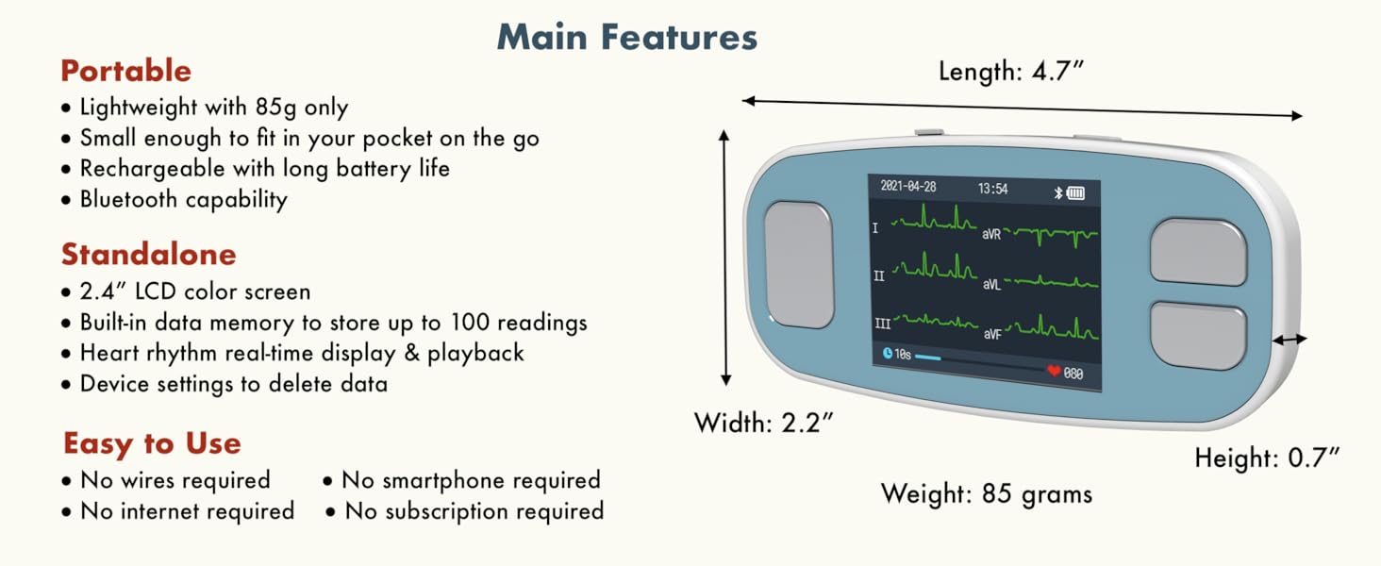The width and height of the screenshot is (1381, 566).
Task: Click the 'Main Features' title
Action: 627,37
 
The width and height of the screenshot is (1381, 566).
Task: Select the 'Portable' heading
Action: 125,71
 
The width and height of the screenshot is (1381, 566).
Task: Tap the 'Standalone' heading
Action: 149,254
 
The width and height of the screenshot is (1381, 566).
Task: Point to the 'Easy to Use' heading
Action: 152,444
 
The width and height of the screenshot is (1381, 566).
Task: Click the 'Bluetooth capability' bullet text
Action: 184,200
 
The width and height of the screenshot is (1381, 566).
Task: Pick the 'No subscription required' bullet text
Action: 474,511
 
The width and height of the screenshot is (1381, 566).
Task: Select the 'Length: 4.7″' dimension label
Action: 1010,71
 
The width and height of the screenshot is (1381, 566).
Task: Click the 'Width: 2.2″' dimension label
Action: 763,423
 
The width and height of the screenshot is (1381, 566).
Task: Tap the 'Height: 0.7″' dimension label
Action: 1267,458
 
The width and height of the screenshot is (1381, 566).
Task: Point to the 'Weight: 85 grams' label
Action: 987,494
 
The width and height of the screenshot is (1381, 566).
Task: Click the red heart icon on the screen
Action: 1054,371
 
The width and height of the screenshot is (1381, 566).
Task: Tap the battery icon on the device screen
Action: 1075,193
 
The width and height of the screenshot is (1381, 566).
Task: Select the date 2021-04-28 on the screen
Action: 908,186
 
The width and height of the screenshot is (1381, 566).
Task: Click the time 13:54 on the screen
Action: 992,189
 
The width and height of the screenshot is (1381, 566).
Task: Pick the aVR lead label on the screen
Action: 991,234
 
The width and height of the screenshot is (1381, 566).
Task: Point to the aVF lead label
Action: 992,334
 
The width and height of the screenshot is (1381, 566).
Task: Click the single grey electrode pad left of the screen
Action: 799,265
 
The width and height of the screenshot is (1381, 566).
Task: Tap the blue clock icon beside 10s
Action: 887,354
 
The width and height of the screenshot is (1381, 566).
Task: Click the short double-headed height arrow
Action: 1289,339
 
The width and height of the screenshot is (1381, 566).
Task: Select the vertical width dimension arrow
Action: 725,258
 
